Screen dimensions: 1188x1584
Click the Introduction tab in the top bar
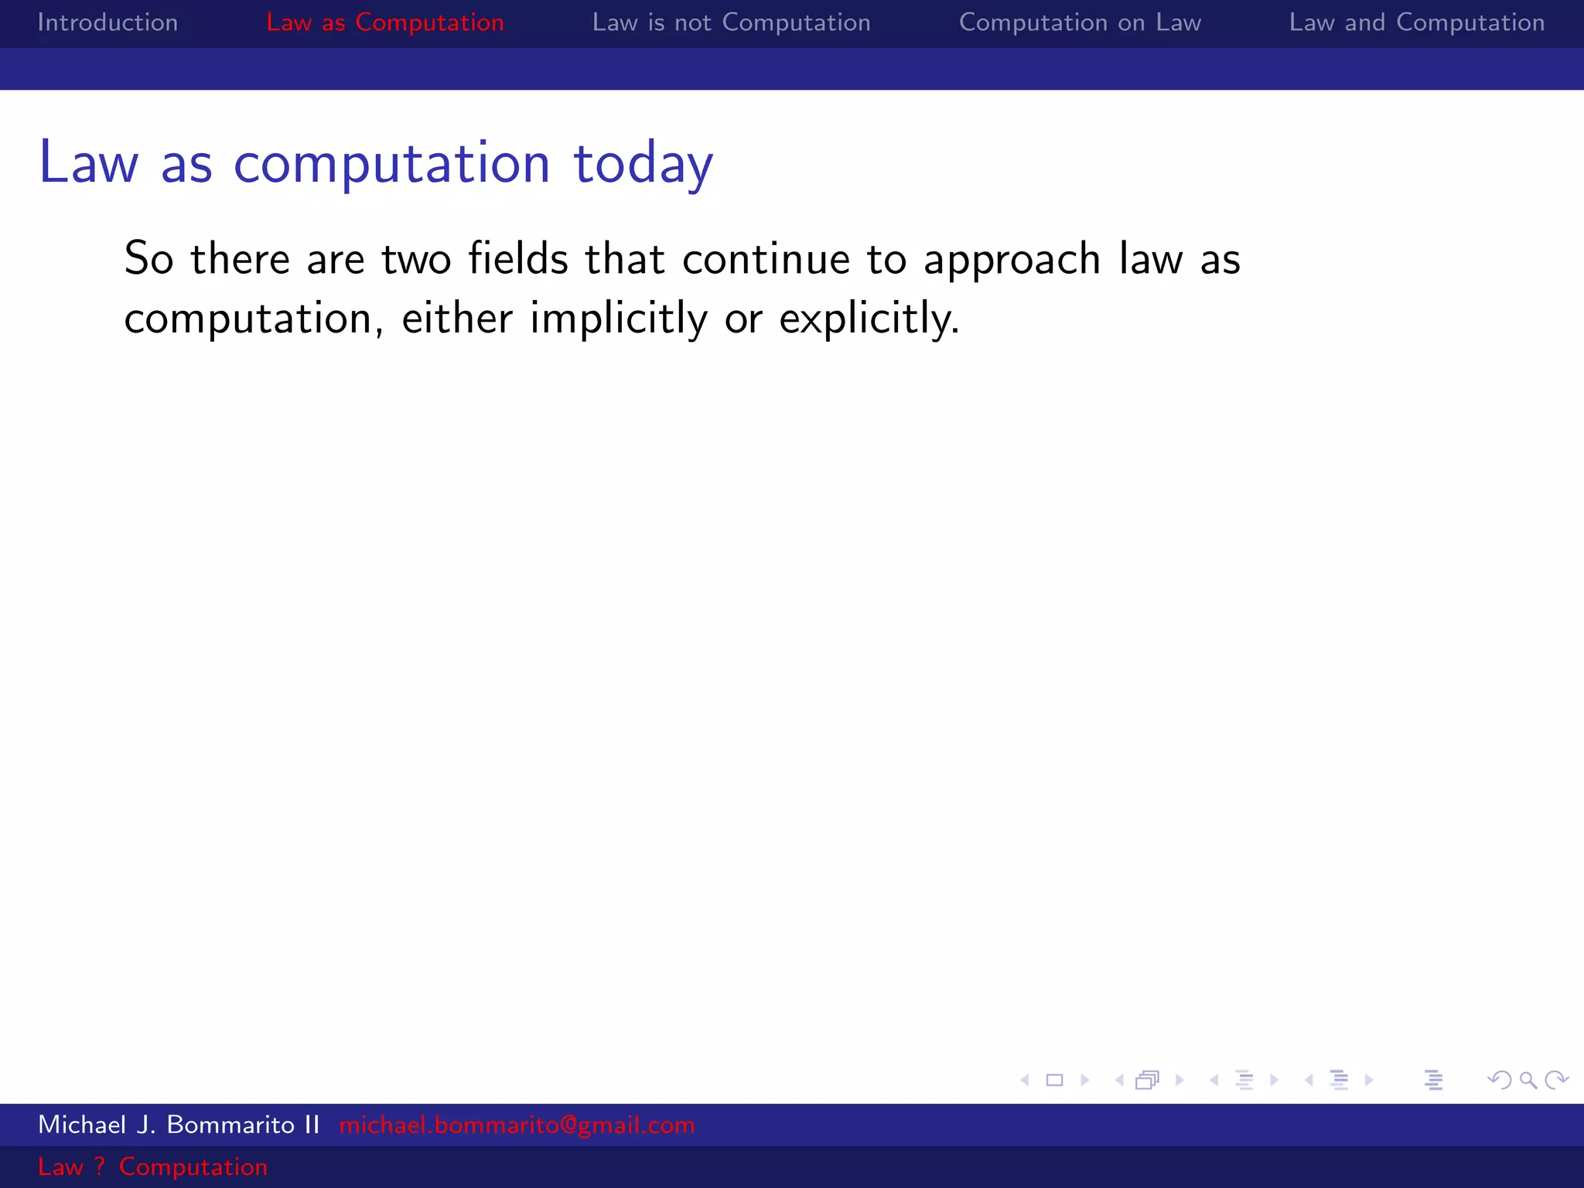click(108, 23)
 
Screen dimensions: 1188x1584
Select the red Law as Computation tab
click(384, 23)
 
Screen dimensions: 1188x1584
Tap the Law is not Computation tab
click(731, 23)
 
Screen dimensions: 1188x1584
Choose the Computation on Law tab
click(1080, 23)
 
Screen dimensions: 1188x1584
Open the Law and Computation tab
click(1416, 23)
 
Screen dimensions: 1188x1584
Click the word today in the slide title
click(643, 164)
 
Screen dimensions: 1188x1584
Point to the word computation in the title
click(391, 164)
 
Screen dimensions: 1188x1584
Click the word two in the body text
click(416, 259)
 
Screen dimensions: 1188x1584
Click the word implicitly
click(618, 319)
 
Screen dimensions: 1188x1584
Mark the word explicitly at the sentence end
click(869, 319)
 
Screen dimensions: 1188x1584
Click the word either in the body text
click(457, 318)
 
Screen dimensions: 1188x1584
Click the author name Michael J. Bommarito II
click(179, 1125)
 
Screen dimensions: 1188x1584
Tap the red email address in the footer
click(517, 1125)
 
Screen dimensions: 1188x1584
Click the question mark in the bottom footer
click(100, 1166)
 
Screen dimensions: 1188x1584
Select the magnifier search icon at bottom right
click(1528, 1080)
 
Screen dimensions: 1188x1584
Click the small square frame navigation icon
click(1054, 1080)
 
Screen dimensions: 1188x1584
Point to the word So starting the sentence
click(148, 258)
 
